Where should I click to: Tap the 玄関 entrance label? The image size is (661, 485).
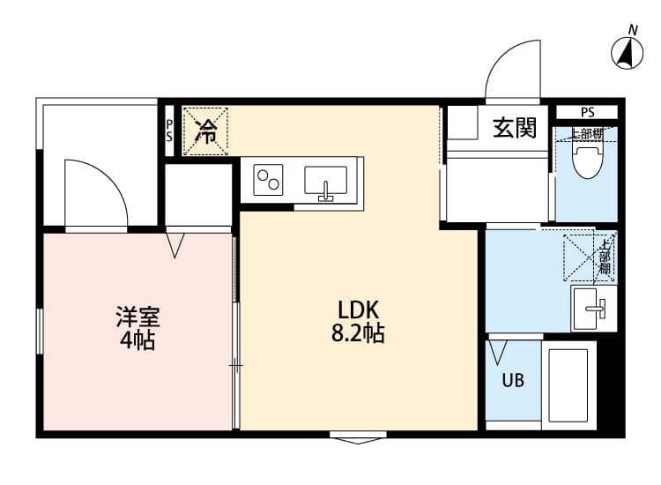tap(514, 128)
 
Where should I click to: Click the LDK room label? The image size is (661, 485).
tap(358, 311)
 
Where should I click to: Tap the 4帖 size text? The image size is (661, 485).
tap(137, 340)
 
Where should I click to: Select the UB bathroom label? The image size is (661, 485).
tap(512, 381)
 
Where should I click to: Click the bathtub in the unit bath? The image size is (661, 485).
tap(567, 385)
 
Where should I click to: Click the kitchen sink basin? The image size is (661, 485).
tap(325, 181)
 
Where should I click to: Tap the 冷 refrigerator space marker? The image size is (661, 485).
tap(204, 131)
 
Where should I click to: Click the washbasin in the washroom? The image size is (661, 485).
tap(594, 307)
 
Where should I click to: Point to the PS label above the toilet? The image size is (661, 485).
tap(587, 112)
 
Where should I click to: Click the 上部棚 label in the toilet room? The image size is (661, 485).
tap(587, 134)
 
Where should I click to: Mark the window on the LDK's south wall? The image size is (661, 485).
tap(357, 436)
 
